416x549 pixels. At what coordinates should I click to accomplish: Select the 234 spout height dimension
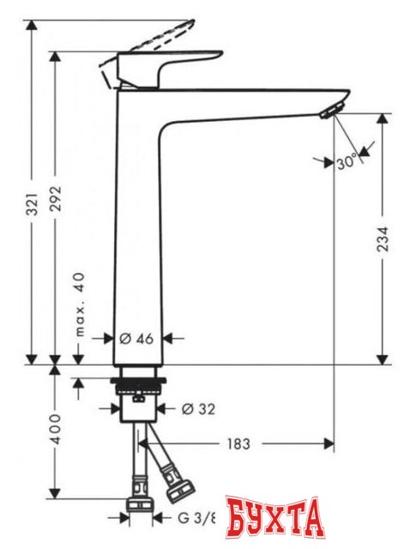[382, 238]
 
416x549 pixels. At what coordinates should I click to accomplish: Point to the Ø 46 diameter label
[136, 338]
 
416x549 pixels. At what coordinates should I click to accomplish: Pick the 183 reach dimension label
[238, 443]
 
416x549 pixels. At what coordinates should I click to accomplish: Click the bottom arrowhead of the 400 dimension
[56, 496]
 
